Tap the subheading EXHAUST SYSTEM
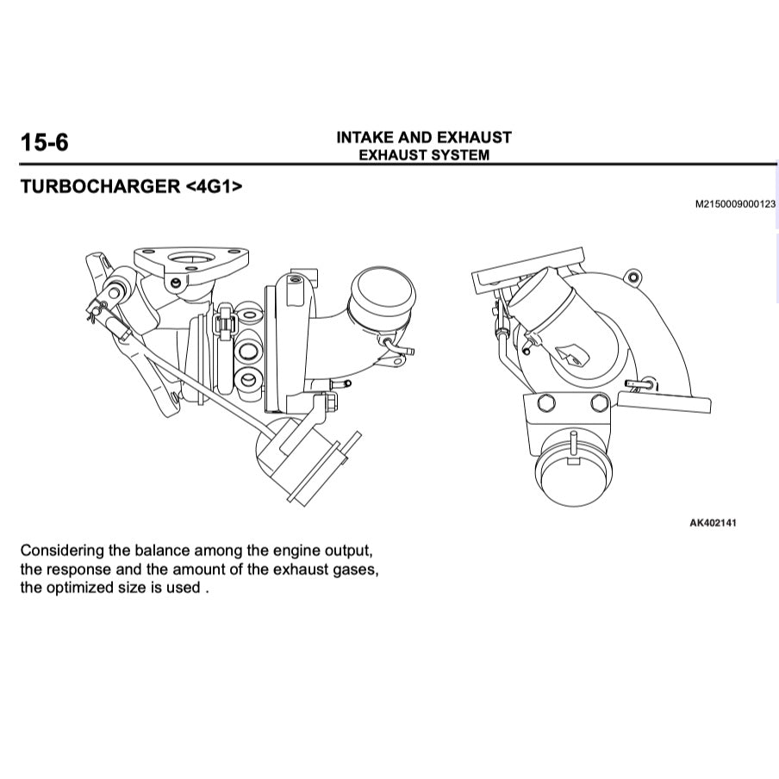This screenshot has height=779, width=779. [423, 155]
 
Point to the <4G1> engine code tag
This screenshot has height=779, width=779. [214, 186]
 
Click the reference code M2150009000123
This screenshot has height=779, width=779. [735, 204]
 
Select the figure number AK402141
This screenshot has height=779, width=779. [713, 523]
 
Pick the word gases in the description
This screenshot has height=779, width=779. [354, 569]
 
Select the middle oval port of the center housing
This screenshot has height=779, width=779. [249, 350]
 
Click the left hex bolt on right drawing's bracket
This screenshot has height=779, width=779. [545, 403]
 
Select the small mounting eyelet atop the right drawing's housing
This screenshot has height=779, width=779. [634, 277]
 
